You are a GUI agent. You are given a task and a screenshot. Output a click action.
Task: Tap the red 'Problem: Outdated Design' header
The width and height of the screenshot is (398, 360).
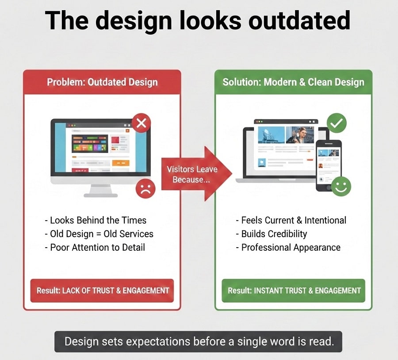(x=102, y=82)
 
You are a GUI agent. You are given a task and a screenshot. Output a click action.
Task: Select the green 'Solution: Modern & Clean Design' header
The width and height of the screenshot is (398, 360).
(x=293, y=82)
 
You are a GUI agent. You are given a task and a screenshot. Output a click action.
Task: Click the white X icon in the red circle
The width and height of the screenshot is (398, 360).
(x=141, y=123)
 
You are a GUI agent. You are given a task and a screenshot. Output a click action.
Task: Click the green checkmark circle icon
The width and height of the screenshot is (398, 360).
(x=337, y=123)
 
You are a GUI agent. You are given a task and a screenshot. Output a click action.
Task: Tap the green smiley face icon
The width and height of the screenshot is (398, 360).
(x=341, y=186)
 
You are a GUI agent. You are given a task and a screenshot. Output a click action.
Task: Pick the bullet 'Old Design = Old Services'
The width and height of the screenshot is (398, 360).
(x=99, y=234)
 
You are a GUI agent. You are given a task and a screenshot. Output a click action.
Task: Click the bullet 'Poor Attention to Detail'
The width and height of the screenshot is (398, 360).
(x=95, y=247)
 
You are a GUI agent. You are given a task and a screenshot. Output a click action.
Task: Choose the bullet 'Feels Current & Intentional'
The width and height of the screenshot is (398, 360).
(x=291, y=220)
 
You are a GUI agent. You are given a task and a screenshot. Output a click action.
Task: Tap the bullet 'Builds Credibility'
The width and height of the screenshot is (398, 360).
(x=271, y=234)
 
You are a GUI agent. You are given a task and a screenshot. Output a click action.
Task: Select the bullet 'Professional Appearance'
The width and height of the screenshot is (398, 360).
(x=288, y=247)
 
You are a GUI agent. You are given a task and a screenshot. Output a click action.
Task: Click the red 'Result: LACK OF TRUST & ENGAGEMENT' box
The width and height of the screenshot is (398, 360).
(x=102, y=291)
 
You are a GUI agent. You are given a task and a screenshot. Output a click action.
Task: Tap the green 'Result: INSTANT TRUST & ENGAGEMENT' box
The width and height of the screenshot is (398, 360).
(x=294, y=291)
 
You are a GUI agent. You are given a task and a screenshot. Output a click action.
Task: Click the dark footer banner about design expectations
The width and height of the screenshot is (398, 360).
(x=198, y=341)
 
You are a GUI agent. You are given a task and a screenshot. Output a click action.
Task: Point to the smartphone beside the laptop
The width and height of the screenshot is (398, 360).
(x=328, y=165)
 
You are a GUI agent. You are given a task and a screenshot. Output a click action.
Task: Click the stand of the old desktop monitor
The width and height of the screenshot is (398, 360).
(x=100, y=190)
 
